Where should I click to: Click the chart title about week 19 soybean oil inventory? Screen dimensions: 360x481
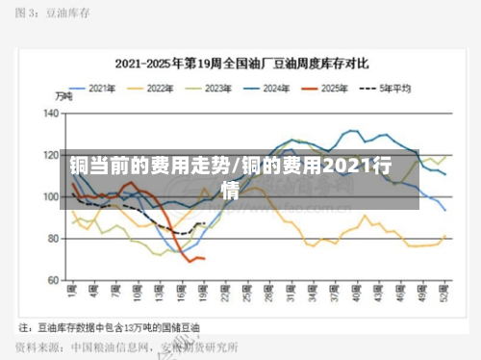point(241,64)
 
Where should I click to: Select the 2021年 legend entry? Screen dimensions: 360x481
point(101,88)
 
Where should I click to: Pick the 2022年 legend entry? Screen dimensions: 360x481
point(158,88)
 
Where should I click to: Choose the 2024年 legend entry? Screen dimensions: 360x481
point(273,88)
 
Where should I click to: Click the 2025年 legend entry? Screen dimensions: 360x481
point(330,88)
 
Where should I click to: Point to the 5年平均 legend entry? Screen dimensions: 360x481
point(389,88)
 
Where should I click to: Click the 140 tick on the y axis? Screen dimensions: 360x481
point(51,113)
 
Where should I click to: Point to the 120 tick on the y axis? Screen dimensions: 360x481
point(51,154)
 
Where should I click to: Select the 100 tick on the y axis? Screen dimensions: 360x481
point(51,196)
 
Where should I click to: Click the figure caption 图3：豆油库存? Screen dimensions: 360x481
point(53,15)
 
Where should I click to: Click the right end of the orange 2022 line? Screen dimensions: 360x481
point(444,236)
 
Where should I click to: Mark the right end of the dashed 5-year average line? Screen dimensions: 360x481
point(203,223)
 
